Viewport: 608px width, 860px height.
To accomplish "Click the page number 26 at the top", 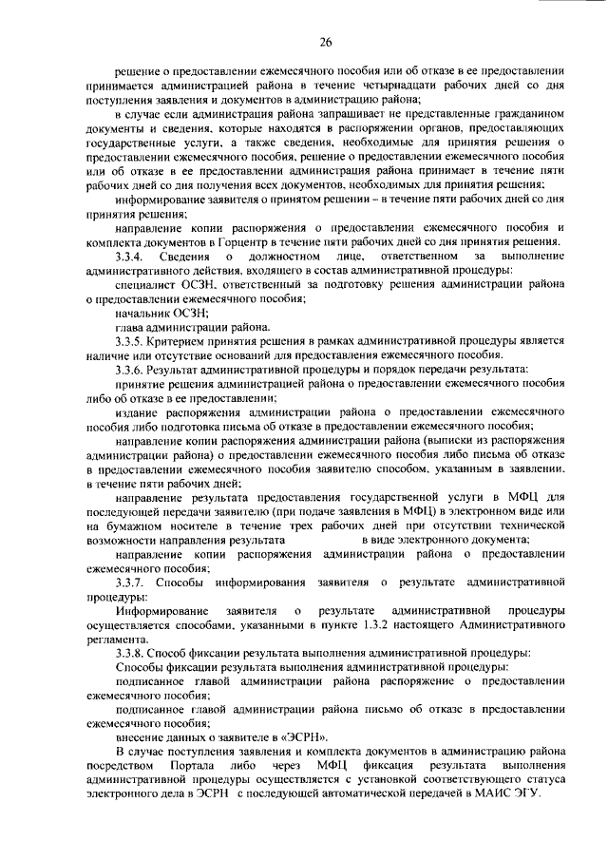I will point(325,43).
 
